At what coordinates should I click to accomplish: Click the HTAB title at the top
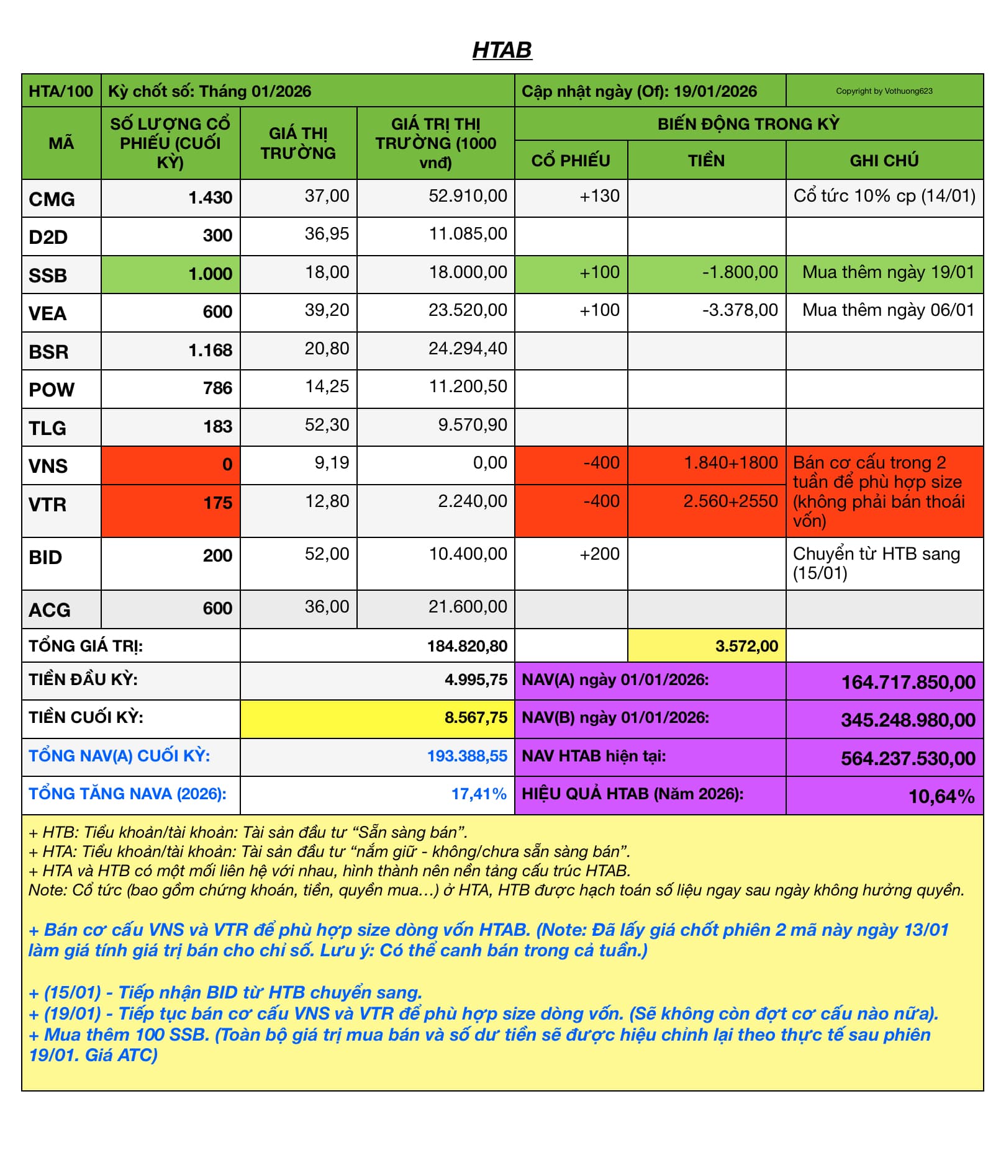[x=502, y=50]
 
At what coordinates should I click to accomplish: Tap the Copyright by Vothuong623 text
[x=884, y=91]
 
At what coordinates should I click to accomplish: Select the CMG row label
[x=52, y=199]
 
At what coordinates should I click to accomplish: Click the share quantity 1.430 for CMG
[x=210, y=198]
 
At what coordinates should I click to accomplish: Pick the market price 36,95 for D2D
[x=327, y=234]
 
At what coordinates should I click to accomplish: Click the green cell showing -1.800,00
[x=740, y=272]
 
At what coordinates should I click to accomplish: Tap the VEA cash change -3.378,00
[x=740, y=310]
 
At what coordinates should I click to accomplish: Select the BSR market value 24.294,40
[x=468, y=349]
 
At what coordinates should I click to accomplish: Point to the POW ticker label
[x=52, y=390]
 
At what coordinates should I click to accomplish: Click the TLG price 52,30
[x=327, y=425]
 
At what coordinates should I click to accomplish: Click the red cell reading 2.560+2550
[x=730, y=501]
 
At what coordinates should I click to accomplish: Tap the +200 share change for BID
[x=599, y=554]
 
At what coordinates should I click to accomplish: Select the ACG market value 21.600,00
[x=468, y=607]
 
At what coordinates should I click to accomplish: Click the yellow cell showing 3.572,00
[x=746, y=646]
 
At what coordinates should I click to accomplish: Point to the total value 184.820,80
[x=467, y=646]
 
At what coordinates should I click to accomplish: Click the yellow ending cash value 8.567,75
[x=476, y=718]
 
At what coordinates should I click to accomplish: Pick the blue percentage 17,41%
[x=479, y=794]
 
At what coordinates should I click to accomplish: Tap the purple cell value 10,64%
[x=941, y=797]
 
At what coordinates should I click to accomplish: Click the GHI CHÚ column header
[x=884, y=161]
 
